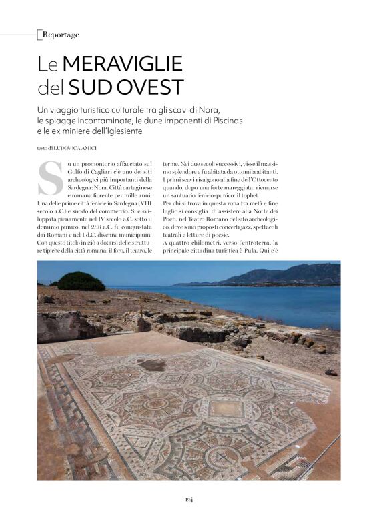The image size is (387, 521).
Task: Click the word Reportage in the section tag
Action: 60,34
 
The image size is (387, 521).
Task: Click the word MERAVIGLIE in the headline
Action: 122,65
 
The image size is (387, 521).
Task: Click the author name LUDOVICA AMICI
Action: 79,147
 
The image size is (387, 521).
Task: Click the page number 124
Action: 189,498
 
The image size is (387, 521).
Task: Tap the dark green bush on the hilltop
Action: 81,280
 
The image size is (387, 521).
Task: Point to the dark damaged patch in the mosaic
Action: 153,364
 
